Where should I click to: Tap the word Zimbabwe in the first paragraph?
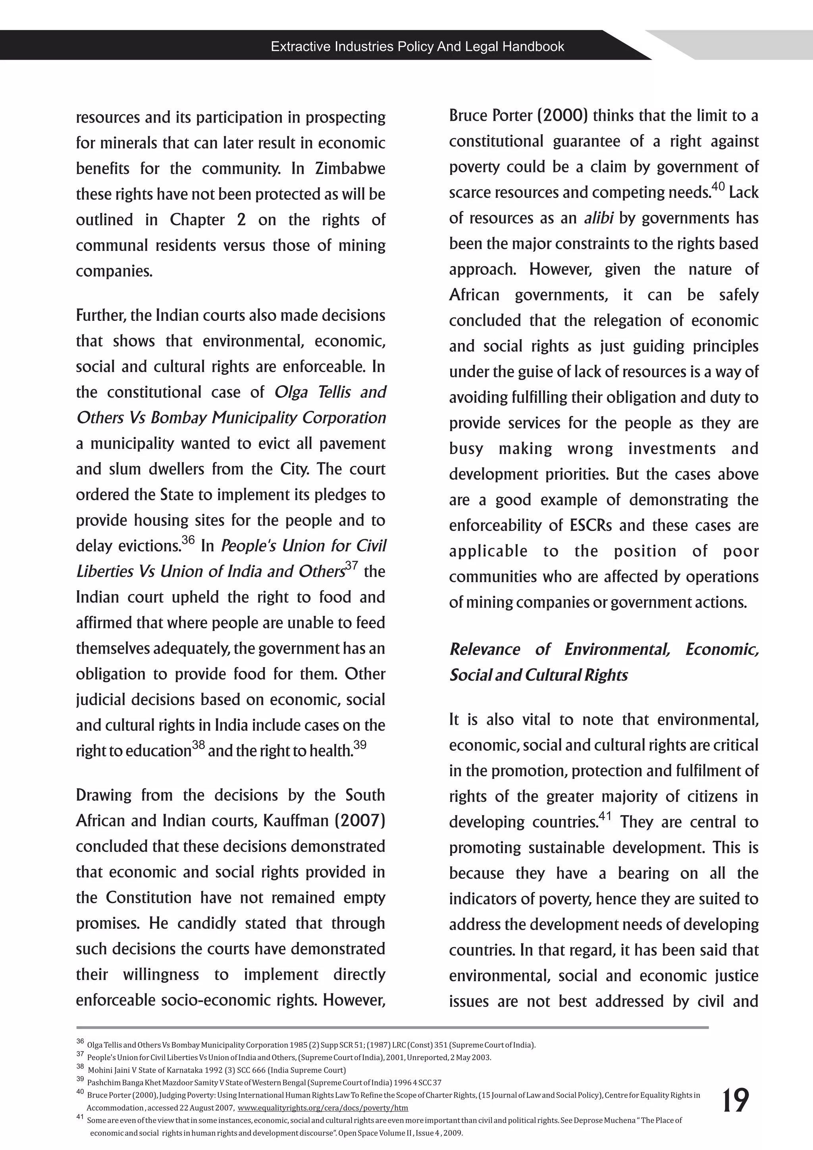350,169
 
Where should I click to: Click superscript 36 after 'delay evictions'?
188,540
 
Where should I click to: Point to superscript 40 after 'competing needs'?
718,187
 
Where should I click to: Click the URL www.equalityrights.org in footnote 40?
322,1108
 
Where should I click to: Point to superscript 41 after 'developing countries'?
605,816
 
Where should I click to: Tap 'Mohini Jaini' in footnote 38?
106,1070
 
